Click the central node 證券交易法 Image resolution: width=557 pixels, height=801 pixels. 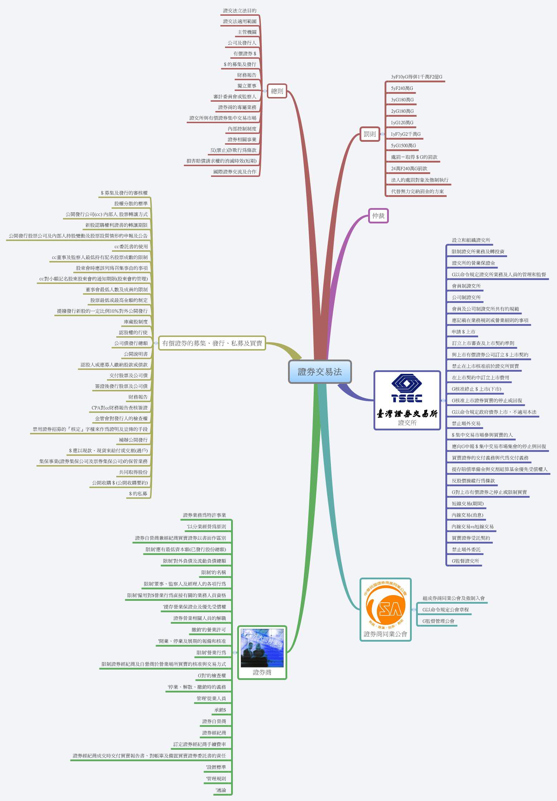pos(320,372)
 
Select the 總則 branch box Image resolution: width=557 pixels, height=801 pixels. pos(277,91)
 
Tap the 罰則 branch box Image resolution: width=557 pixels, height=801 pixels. pos(370,134)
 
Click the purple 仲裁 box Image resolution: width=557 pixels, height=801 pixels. pos(378,216)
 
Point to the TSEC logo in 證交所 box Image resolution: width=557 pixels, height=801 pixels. pos(407,389)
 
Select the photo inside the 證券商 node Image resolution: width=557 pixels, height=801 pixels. pos(262,648)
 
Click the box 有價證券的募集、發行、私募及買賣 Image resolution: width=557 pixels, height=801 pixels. pos(212,343)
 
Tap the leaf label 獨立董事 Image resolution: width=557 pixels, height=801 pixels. pos(247,86)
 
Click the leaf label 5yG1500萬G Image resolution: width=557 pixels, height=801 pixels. pos(403,146)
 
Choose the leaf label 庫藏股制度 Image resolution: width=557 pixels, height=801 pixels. pos(136,322)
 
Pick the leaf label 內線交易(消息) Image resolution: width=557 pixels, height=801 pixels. pos(467,515)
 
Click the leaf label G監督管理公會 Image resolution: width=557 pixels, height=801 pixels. pos(438,621)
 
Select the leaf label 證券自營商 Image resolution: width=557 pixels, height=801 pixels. pos(214,722)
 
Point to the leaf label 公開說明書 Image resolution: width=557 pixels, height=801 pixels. pos(136,354)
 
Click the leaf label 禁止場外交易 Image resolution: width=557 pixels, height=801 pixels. pos(466,424)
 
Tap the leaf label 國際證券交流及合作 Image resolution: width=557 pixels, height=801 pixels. pos(235,172)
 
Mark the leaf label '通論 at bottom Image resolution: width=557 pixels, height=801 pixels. pos(221,790)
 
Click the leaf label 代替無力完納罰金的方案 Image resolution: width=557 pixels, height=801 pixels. pos(417,192)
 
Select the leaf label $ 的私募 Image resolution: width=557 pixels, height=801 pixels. pos(138,494)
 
